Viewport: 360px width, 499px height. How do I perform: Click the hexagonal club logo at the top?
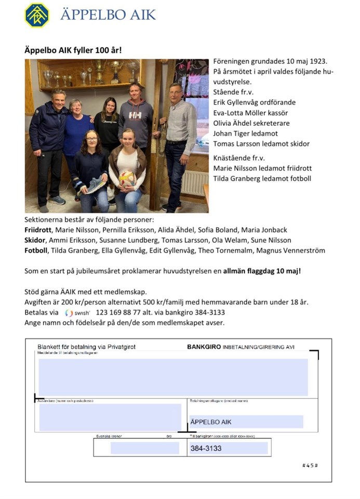click(37, 15)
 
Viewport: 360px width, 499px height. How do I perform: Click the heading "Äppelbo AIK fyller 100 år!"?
click(73, 51)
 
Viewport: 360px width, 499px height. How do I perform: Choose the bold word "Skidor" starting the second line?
click(36, 240)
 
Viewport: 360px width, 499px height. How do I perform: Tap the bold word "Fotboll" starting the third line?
click(37, 251)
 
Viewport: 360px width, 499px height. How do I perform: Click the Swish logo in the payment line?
click(78, 313)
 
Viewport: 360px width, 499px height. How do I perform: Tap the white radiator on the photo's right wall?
click(195, 182)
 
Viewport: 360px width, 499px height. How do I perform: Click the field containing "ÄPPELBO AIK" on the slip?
click(246, 422)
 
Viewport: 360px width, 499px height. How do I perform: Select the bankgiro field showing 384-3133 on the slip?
click(228, 448)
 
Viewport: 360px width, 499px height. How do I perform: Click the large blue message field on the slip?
click(173, 376)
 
